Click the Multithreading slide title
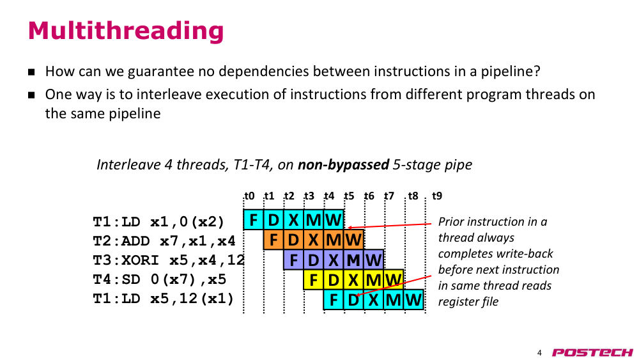tap(125, 31)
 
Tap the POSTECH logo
tap(592, 352)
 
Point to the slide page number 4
tap(539, 353)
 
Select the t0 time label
tap(249, 196)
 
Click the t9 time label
tap(437, 196)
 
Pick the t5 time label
tap(350, 196)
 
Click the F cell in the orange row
tap(273, 240)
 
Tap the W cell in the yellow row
tap(393, 279)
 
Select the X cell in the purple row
tap(334, 260)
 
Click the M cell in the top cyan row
tap(313, 220)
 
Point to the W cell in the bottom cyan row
tap(413, 300)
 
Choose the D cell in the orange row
tap(293, 240)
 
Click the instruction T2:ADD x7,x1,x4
tap(164, 241)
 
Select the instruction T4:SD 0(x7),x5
tap(159, 279)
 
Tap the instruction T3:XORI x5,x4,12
tap(169, 260)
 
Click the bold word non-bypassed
tap(343, 165)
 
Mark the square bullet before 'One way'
tap(32, 95)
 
